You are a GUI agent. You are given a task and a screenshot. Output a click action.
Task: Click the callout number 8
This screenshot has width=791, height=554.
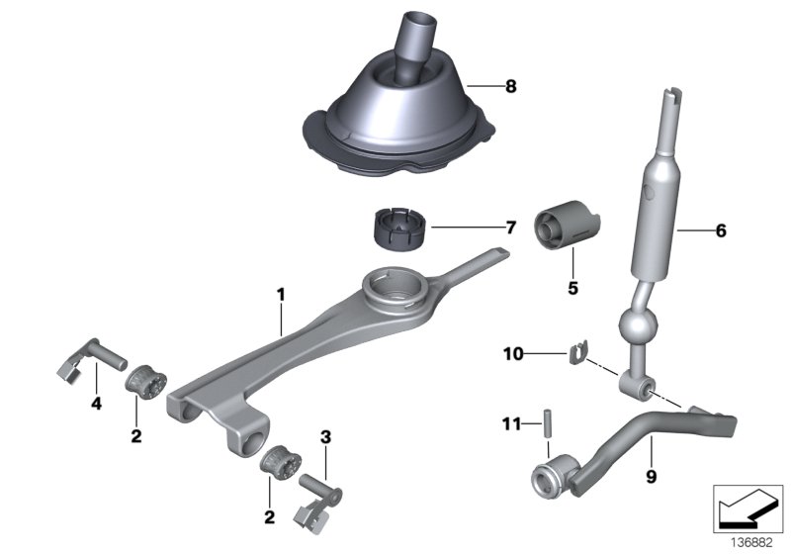[510, 87]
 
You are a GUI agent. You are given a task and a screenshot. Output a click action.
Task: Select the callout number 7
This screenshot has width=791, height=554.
[510, 229]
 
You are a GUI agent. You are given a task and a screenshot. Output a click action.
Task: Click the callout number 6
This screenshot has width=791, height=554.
[720, 231]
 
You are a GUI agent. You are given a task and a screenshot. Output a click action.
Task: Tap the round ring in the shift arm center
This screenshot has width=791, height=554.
[395, 291]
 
